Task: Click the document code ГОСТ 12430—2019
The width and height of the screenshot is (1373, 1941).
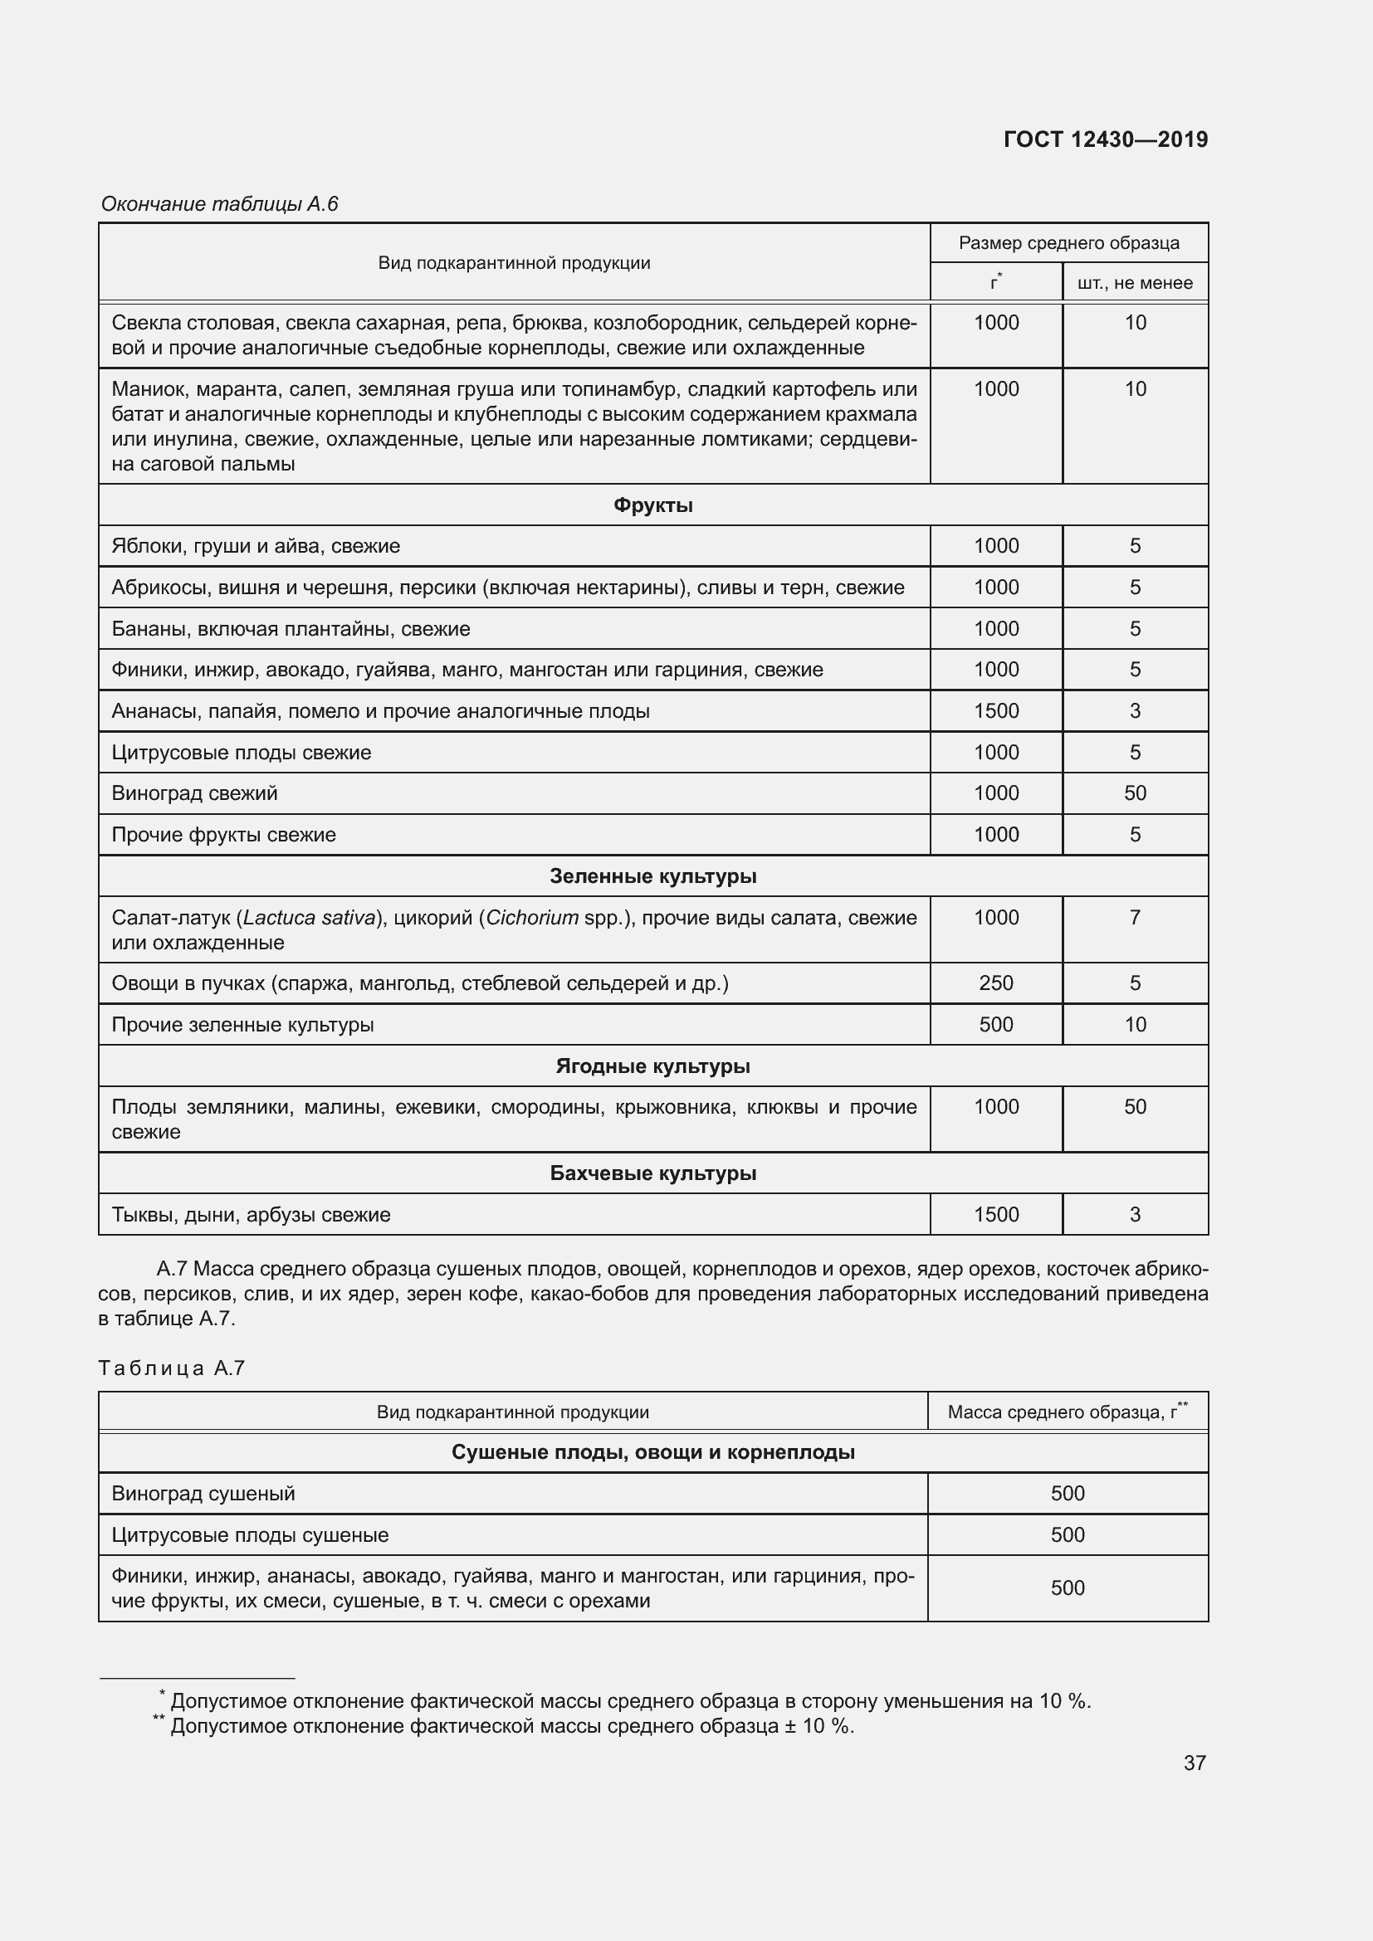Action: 1105,139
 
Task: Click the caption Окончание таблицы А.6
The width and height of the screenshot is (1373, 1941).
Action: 219,204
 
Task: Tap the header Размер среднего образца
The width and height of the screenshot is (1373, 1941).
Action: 1068,243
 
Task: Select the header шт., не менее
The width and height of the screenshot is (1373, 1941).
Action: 1135,283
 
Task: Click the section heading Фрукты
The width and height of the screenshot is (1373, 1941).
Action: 652,505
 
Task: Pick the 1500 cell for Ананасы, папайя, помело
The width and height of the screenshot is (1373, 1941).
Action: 996,711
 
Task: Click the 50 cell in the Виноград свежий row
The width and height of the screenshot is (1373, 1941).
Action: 1135,793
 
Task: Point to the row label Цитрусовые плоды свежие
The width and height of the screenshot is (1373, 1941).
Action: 241,753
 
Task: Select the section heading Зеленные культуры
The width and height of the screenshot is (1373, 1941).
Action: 652,876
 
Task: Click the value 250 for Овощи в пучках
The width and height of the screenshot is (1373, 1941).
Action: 996,983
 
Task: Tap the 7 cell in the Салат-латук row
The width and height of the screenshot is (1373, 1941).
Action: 1135,917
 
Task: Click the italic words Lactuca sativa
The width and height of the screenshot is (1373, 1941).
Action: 309,918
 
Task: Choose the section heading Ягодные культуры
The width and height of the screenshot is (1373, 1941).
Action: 652,1066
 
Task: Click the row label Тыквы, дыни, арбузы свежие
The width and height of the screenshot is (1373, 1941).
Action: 251,1215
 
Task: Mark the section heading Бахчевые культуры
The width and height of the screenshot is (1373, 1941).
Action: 652,1173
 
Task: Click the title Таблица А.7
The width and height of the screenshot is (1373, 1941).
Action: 172,1368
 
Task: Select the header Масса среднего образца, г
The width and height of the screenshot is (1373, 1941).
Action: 1067,1412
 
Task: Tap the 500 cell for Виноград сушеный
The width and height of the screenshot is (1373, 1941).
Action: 1067,1494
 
